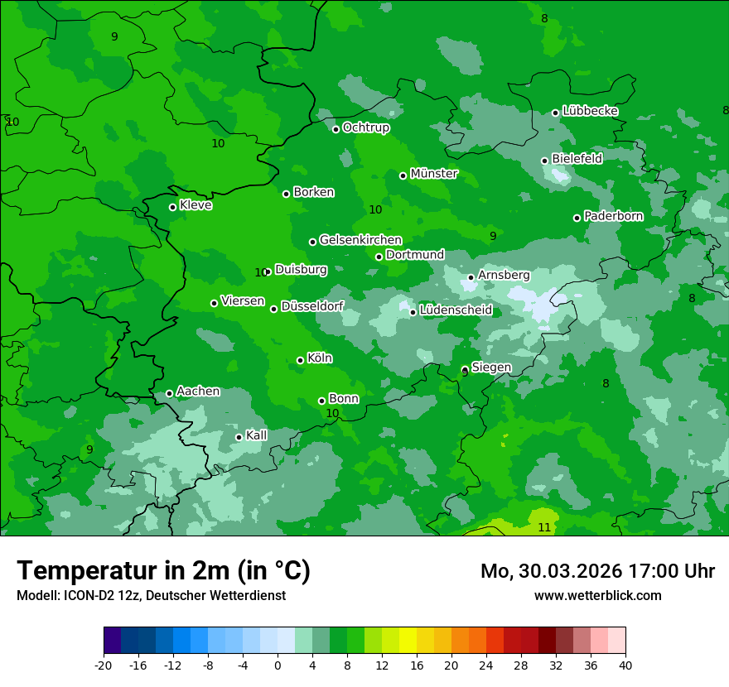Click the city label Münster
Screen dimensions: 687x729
point(433,174)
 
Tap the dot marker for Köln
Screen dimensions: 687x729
point(300,360)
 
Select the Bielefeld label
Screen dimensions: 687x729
point(577,158)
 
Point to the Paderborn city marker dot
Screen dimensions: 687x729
point(577,218)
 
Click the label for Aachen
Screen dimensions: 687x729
point(198,392)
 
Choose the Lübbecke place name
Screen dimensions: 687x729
point(590,111)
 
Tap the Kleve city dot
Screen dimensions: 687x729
point(172,207)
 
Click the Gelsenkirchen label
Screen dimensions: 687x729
point(360,240)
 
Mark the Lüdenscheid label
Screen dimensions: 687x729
point(456,310)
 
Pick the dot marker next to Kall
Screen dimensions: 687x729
point(239,437)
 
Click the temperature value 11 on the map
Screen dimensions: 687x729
point(544,527)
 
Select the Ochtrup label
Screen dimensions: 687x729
point(365,127)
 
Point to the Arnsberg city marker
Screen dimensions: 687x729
point(471,277)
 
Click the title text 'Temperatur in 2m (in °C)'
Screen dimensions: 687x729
point(163,570)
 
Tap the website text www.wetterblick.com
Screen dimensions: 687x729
point(597,595)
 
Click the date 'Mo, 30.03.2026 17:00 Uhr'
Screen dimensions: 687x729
point(597,571)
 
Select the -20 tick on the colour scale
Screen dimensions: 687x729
point(104,665)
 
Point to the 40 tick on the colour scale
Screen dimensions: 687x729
point(625,665)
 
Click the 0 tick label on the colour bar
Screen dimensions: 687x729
point(278,665)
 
